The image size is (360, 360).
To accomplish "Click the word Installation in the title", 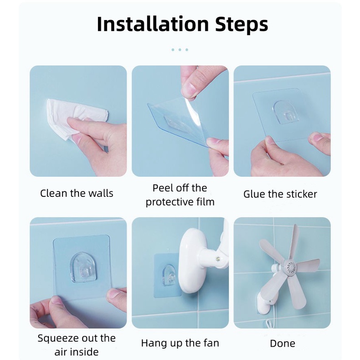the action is (153, 24).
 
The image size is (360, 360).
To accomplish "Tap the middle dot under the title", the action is (180, 50).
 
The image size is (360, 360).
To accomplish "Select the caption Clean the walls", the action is (77, 193).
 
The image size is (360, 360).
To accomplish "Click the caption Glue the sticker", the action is (280, 194).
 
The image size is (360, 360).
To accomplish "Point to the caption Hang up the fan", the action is (180, 343).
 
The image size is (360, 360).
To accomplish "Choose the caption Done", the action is (283, 344).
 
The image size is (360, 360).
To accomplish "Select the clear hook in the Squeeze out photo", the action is (83, 267).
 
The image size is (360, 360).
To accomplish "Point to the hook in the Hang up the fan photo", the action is (169, 275).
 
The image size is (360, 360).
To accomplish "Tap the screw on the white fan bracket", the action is (217, 259).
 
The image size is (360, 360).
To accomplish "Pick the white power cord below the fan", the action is (268, 323).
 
